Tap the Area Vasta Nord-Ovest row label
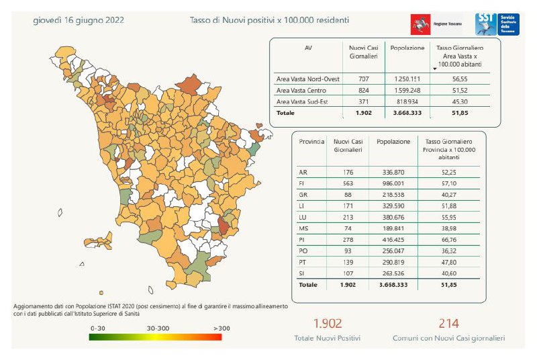click(x=307, y=79)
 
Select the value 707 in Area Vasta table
click(x=364, y=79)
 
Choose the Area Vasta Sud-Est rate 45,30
click(x=460, y=101)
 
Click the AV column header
click(x=308, y=48)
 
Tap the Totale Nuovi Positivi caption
click(x=327, y=339)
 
